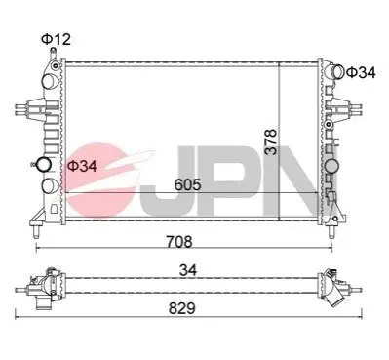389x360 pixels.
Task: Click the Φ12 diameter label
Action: pos(56,39)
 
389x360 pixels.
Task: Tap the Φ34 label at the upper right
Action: pos(361,72)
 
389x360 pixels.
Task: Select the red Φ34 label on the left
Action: pos(82,166)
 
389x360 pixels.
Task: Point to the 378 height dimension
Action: pos(270,141)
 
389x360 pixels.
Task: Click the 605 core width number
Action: pos(188,184)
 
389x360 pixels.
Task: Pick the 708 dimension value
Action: pos(179,241)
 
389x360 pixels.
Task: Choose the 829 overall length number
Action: pos(182,308)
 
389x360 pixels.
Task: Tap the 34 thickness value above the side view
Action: pos(188,270)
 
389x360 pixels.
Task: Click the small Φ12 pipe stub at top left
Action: pos(53,53)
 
